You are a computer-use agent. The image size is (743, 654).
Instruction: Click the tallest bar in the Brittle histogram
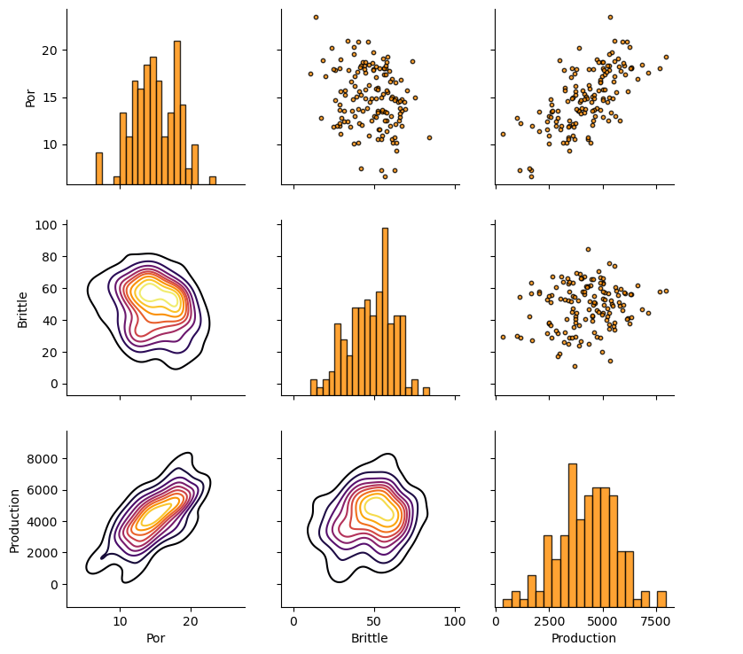pyautogui.click(x=385, y=310)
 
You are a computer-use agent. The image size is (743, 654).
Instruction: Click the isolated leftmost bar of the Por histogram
pyautogui.click(x=99, y=168)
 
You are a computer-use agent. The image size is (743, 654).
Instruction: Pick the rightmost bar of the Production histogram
pyautogui.click(x=661, y=599)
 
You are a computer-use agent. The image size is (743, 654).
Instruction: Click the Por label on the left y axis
pyautogui.click(x=30, y=97)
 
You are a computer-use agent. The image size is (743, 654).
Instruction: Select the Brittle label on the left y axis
pyautogui.click(x=23, y=308)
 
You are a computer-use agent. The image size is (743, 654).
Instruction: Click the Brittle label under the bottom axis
pyautogui.click(x=369, y=638)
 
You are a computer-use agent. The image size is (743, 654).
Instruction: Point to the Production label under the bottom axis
pyautogui.click(x=583, y=638)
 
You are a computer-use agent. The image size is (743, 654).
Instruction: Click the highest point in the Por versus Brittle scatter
pyautogui.click(x=316, y=17)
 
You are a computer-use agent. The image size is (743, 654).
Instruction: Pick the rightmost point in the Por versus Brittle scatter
pyautogui.click(x=429, y=137)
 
